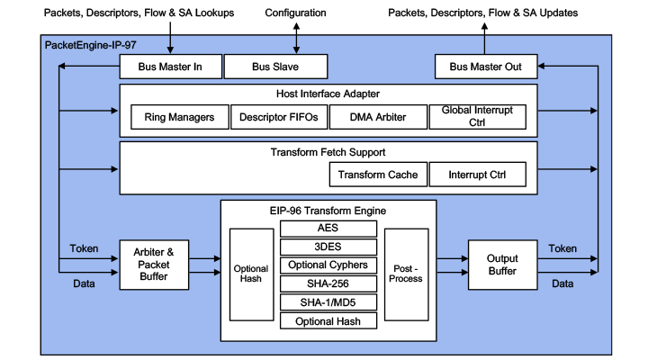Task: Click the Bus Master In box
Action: point(170,67)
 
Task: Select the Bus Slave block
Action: point(274,67)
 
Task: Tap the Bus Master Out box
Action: point(485,67)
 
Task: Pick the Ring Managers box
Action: point(179,117)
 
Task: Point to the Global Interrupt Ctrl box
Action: point(477,116)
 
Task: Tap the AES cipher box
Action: point(328,228)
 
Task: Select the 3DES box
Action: point(328,247)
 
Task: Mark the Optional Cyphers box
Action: point(328,265)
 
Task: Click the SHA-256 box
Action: point(328,284)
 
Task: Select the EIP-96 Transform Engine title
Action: point(328,211)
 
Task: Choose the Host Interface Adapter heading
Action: point(328,94)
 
